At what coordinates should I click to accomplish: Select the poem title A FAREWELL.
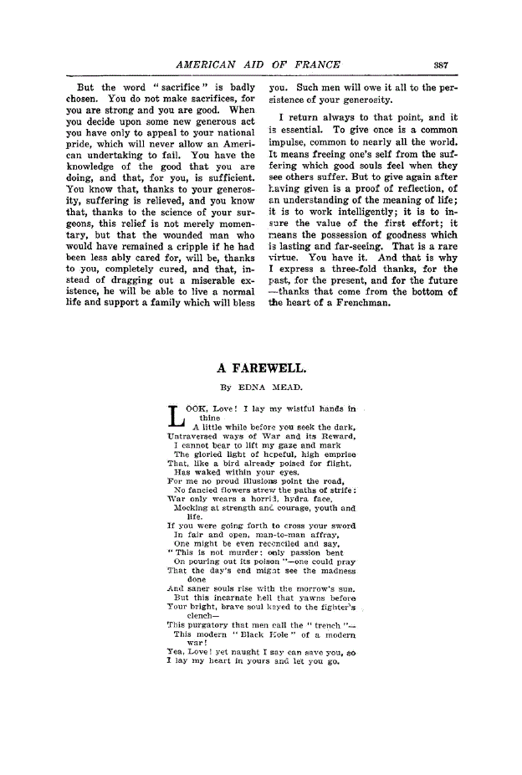tap(261, 367)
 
